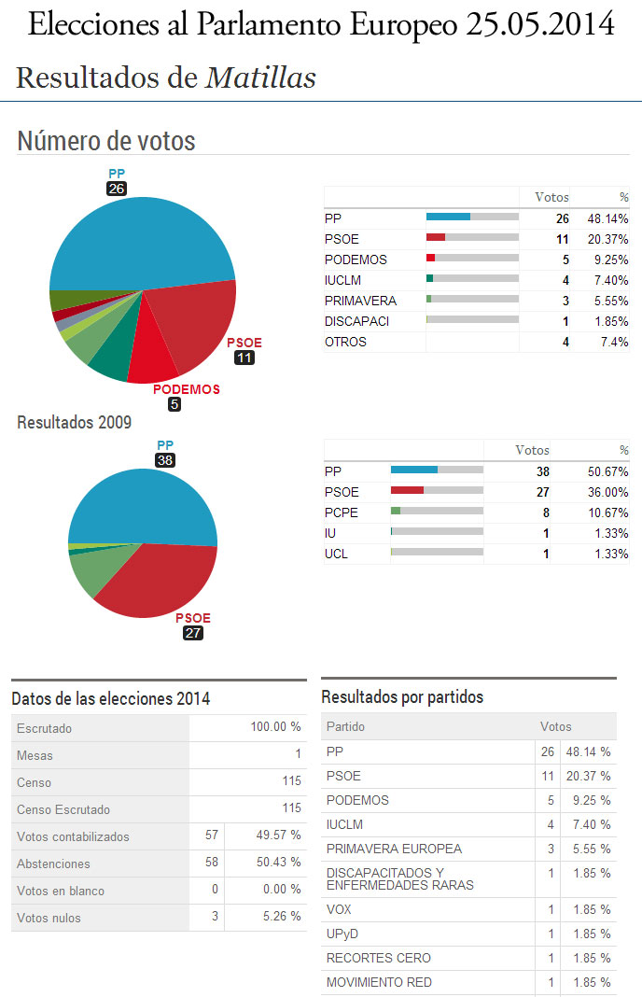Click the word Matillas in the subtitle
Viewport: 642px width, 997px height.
[260, 77]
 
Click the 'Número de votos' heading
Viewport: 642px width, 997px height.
[106, 141]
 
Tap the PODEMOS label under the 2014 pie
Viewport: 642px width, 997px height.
[187, 389]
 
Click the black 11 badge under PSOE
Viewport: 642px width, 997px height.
[244, 358]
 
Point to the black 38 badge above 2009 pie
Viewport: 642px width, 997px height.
[165, 460]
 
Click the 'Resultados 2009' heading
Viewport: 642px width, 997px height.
[75, 422]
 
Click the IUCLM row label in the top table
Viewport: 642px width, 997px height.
[342, 280]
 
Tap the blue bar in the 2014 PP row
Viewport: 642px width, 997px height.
[448, 218]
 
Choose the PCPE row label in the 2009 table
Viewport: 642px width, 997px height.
[341, 513]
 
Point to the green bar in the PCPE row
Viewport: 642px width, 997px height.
[396, 512]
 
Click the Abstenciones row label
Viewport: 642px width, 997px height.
[53, 864]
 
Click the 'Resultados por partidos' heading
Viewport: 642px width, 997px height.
[402, 697]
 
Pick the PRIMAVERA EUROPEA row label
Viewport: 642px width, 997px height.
[394, 849]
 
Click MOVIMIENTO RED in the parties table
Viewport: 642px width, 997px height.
[379, 982]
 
